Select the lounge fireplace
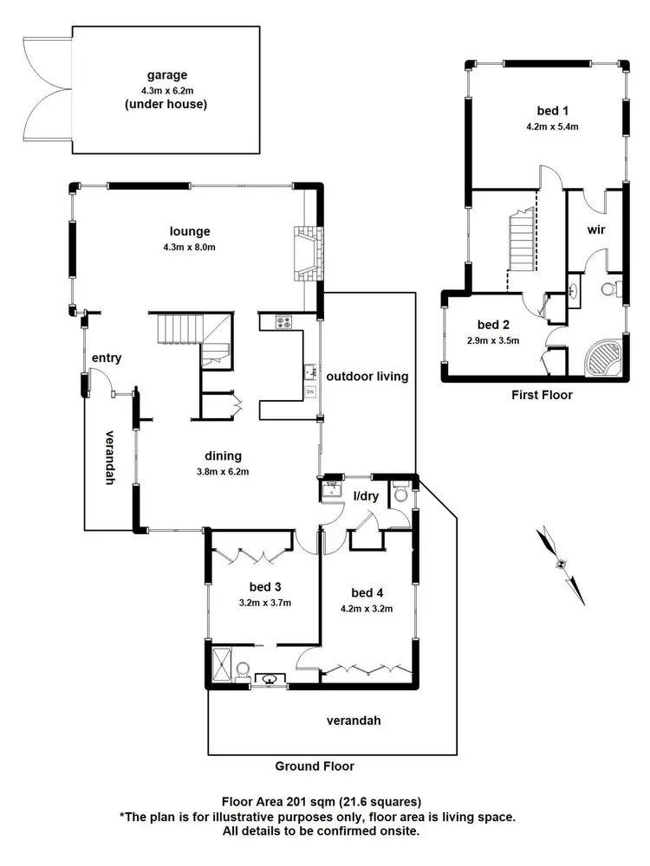pyautogui.click(x=308, y=255)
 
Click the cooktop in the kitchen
pyautogui.click(x=283, y=323)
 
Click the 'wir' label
pyautogui.click(x=595, y=230)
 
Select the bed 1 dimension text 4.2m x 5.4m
pyautogui.click(x=552, y=126)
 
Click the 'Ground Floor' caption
pyautogui.click(x=315, y=766)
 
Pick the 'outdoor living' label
pyautogui.click(x=367, y=377)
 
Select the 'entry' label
pyautogui.click(x=107, y=358)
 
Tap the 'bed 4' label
pyautogui.click(x=367, y=592)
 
